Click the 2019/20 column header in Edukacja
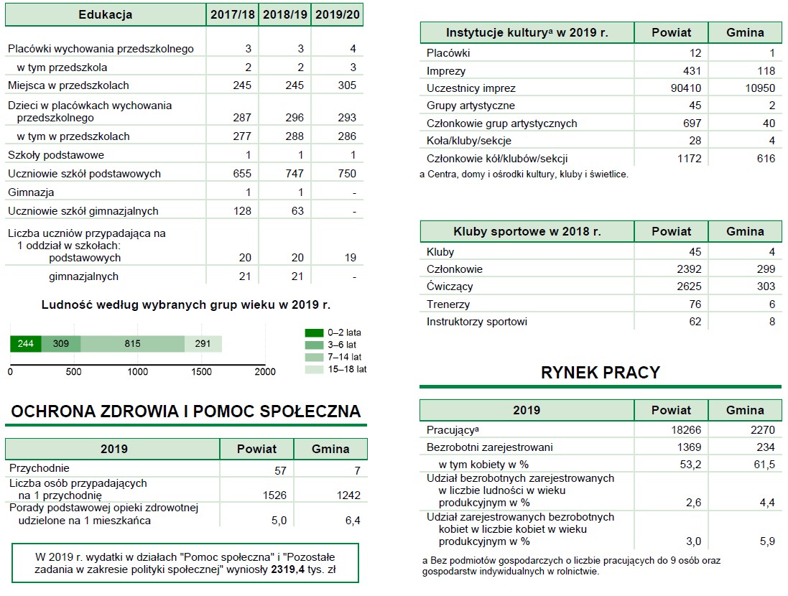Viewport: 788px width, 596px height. pos(337,14)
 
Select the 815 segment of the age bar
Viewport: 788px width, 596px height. pos(132,343)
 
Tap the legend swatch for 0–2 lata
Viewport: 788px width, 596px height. pos(314,332)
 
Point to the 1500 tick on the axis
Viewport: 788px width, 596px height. pos(201,371)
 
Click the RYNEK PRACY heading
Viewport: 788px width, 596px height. pos(600,373)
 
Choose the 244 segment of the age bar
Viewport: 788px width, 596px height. pos(25,343)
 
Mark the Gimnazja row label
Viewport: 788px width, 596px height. pos(31,192)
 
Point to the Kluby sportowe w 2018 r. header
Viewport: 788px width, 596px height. pos(527,231)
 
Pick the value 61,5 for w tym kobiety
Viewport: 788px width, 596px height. pos(763,465)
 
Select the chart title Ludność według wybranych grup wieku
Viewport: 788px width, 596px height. pos(186,305)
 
